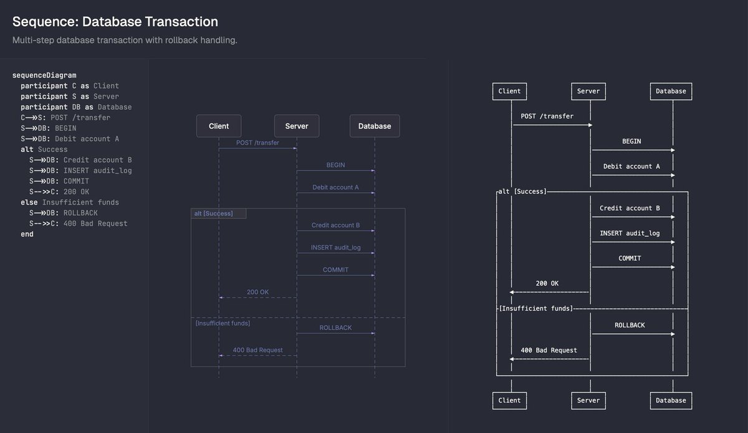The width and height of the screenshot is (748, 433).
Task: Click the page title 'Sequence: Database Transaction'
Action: [115, 22]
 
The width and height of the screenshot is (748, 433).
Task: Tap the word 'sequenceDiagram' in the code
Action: [44, 75]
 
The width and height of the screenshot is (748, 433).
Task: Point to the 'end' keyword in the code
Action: [27, 234]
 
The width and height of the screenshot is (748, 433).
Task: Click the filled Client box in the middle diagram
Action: [219, 126]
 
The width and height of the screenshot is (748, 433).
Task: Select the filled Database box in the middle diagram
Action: [375, 126]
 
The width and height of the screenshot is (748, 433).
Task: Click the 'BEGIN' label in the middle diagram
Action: [335, 165]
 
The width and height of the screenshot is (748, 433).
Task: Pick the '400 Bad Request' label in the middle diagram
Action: [257, 350]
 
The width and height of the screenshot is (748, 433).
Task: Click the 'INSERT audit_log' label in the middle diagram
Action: [335, 248]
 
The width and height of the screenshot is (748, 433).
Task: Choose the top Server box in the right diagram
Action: [588, 91]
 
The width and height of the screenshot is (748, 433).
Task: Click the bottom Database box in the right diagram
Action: [671, 400]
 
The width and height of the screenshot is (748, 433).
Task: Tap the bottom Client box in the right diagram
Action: [509, 400]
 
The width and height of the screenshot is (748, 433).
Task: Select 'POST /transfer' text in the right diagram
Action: [547, 116]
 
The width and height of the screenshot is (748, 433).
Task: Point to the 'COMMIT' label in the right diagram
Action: [630, 258]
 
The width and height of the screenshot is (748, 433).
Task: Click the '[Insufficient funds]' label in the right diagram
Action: [536, 308]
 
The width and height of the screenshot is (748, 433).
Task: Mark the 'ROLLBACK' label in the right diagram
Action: [630, 325]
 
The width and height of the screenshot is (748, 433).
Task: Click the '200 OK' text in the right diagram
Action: [547, 283]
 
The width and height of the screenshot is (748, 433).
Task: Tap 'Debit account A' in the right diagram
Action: [631, 167]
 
